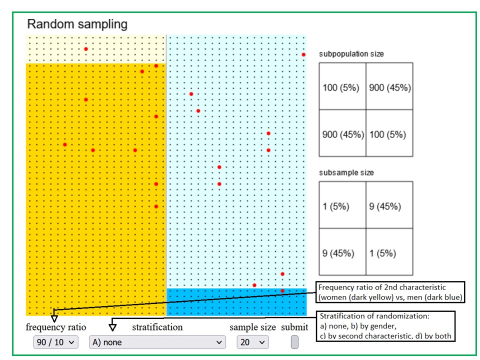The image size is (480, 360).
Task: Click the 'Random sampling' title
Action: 77,24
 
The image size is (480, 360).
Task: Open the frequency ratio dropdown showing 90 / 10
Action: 55,342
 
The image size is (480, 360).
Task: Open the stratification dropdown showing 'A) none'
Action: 157,342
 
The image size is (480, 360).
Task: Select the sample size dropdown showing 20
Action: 252,342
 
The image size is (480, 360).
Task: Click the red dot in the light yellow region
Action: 86,49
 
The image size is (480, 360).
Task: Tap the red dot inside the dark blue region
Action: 282,290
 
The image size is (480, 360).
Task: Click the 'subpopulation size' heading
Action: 351,54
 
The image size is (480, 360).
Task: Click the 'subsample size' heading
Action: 346,173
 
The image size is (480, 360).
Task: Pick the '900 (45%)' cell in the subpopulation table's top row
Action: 389,87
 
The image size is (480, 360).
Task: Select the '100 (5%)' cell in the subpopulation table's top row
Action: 342,87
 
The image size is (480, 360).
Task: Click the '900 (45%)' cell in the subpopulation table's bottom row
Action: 342,134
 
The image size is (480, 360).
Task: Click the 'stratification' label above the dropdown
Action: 157,327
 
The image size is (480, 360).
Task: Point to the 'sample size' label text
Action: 252,327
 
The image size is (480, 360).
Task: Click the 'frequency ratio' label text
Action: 56,327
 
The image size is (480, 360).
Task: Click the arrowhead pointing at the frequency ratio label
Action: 54,318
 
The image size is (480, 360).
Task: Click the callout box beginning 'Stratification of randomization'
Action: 386,326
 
